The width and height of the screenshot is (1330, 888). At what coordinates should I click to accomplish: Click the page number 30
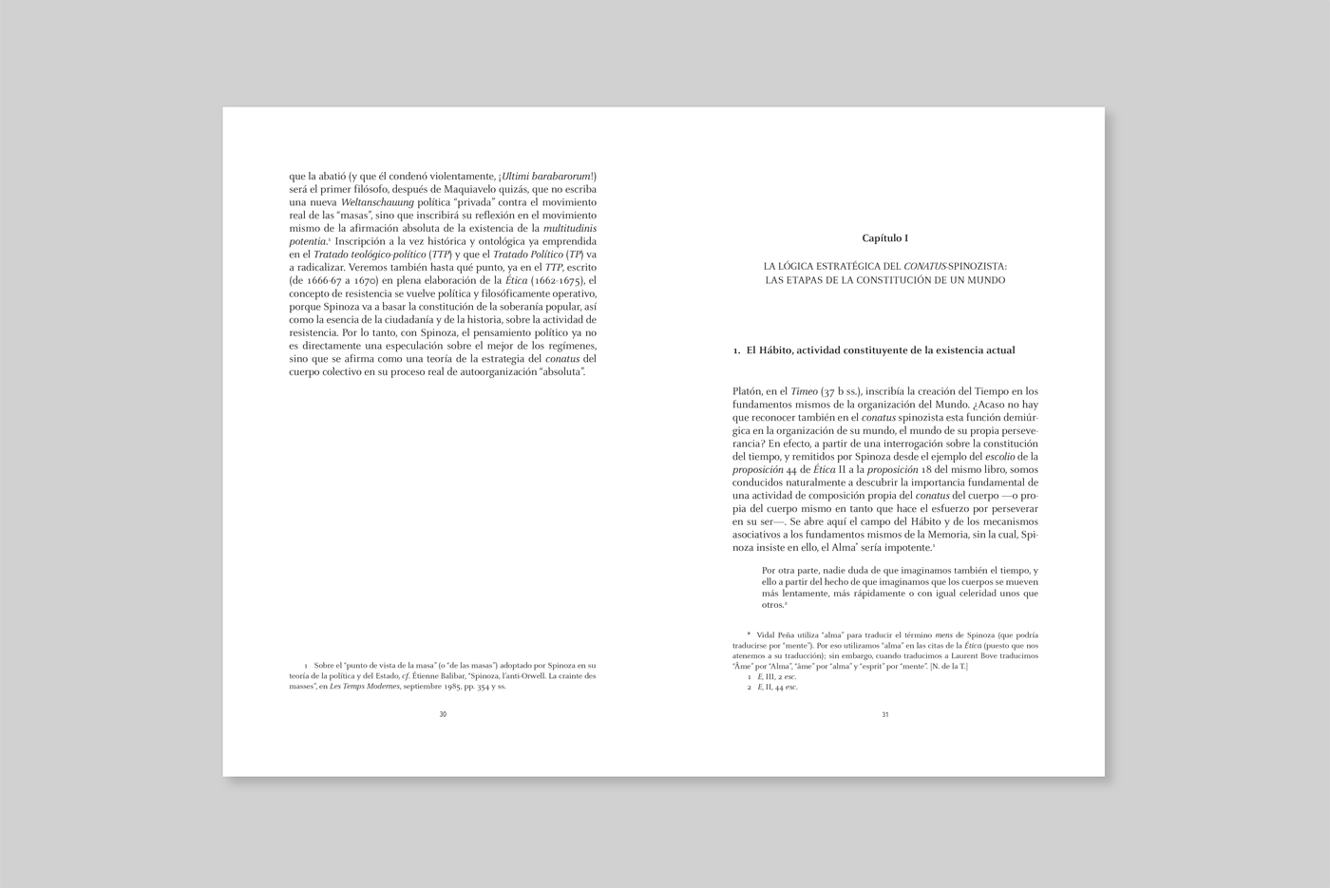443,714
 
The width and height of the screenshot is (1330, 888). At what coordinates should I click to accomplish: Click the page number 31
885,714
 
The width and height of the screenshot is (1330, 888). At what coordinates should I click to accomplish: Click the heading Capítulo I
885,237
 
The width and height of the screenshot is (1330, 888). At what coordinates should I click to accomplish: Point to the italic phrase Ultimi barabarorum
548,176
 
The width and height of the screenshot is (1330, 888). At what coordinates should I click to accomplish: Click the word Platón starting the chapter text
748,391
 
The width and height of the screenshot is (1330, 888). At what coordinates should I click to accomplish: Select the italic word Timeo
805,391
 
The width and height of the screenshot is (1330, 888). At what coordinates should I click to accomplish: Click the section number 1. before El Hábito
737,350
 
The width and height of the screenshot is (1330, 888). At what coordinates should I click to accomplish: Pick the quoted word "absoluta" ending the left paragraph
562,371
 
